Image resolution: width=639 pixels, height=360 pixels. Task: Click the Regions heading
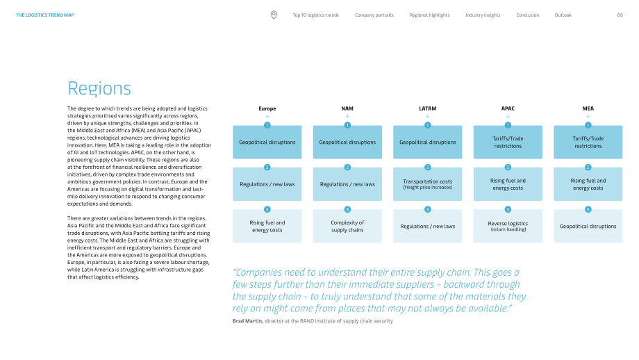99,88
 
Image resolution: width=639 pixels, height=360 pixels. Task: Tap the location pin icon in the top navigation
274,15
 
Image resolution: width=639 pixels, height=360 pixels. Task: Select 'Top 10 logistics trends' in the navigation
316,15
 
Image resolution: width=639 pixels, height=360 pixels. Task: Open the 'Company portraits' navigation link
374,15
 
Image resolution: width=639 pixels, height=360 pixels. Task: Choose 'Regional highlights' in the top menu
429,15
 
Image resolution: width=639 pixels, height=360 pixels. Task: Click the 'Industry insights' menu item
483,15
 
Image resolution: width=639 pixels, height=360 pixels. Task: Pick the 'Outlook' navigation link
563,15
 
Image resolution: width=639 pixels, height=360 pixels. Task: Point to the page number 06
620,15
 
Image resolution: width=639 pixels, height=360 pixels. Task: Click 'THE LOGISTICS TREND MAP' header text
45,15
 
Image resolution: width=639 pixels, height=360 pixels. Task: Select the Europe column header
267,108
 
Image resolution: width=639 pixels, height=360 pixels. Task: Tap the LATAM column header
427,108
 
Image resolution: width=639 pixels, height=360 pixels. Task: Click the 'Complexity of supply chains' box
347,227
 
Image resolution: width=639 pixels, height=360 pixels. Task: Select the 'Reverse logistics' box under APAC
508,227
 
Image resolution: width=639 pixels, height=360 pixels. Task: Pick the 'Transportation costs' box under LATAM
427,184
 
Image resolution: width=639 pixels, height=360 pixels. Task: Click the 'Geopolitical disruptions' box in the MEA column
588,227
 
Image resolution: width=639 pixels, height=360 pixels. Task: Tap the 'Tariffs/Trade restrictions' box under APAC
508,142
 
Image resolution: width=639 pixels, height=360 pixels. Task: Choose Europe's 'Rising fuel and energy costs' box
267,227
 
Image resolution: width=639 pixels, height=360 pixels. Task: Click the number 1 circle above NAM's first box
347,125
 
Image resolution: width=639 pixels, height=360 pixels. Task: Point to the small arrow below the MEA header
588,116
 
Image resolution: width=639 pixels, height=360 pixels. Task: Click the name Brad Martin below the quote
247,321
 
